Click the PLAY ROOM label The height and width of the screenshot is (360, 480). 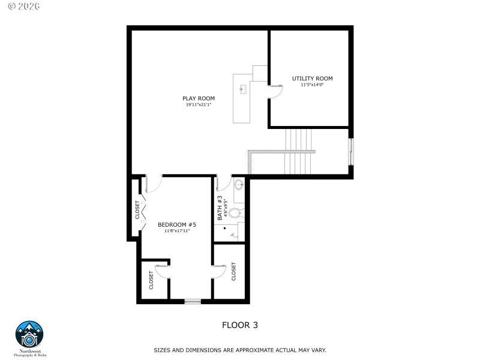tap(199, 98)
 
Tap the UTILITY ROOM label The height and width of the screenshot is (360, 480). tap(312, 79)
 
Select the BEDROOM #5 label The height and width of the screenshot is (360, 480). tap(177, 224)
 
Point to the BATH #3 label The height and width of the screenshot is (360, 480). tap(220, 208)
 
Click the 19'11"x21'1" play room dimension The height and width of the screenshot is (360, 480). tap(199, 105)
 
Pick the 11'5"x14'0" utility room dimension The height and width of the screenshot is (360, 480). tap(312, 85)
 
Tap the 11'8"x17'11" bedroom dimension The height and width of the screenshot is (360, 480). tap(177, 230)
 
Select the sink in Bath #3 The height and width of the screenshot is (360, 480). tap(238, 184)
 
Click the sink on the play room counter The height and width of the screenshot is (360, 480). tap(243, 90)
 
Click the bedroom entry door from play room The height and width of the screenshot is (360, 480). tap(152, 184)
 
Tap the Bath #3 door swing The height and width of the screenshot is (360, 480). tap(224, 183)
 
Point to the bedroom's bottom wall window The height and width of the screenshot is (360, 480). tap(192, 301)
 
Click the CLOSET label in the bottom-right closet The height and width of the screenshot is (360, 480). tap(233, 272)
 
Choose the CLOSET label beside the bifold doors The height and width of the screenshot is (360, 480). tap(137, 209)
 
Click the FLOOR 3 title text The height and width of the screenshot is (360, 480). tap(240, 325)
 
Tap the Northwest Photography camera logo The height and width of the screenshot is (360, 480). tap(29, 334)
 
